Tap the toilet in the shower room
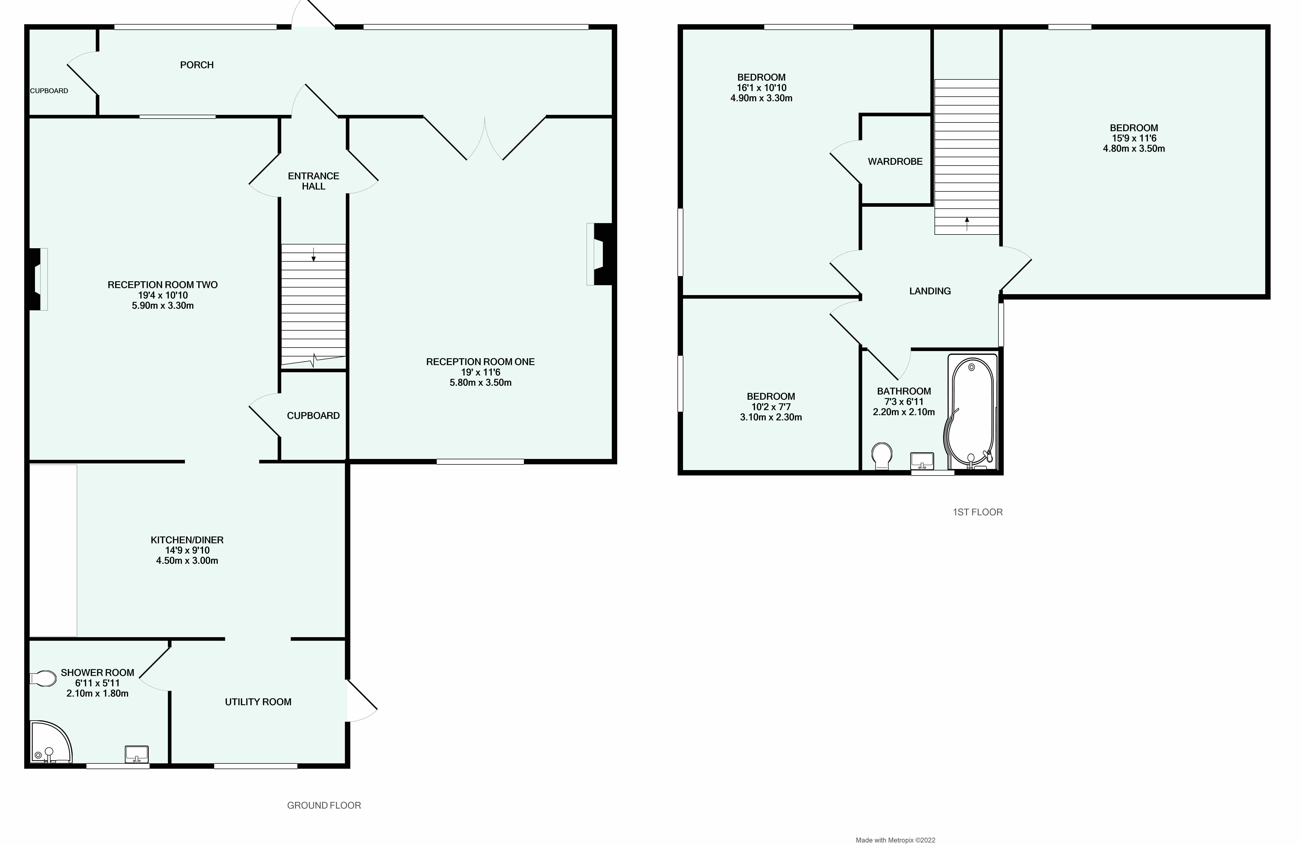[x=44, y=679]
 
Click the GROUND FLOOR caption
[x=324, y=805]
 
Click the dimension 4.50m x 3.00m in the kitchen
[x=187, y=560]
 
